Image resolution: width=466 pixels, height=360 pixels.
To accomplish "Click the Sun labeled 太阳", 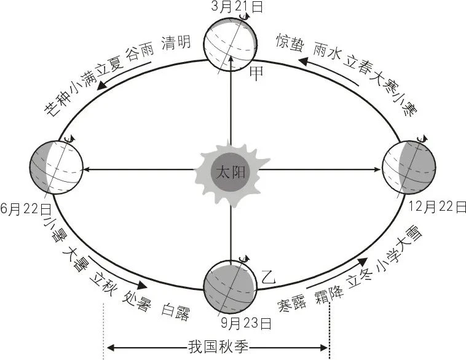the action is pos(230,171).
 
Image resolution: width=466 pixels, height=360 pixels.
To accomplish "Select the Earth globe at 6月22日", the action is pos(55,168).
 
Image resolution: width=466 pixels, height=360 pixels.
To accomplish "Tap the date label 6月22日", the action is pos(26,209).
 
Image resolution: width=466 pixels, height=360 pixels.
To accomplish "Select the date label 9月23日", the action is pos(247,322).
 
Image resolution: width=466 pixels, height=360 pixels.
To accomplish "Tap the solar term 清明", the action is pos(175,43).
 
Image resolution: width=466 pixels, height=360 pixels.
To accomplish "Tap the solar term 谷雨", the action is pos(139,53).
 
